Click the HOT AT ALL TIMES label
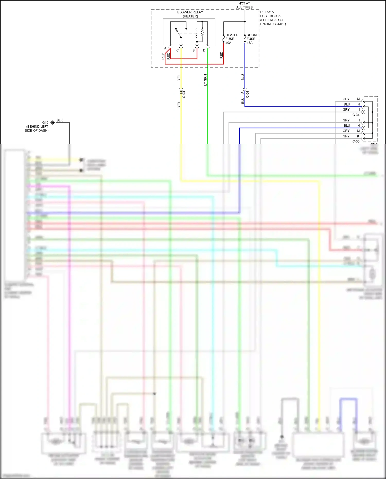[244, 5]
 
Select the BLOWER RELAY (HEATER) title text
[190, 14]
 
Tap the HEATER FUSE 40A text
[232, 39]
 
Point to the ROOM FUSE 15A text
[251, 39]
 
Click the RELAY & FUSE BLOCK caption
[273, 18]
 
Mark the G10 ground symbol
[53, 123]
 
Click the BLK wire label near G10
[60, 120]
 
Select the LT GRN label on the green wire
[205, 80]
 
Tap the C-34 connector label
[356, 115]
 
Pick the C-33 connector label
[356, 141]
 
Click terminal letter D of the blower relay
[204, 50]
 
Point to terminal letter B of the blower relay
[194, 50]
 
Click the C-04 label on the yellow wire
[184, 94]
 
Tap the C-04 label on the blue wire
[248, 94]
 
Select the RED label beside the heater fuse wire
[222, 55]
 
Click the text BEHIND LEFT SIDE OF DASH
[37, 128]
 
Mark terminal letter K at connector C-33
[358, 136]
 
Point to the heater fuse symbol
[224, 38]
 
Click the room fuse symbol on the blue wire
[245, 38]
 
